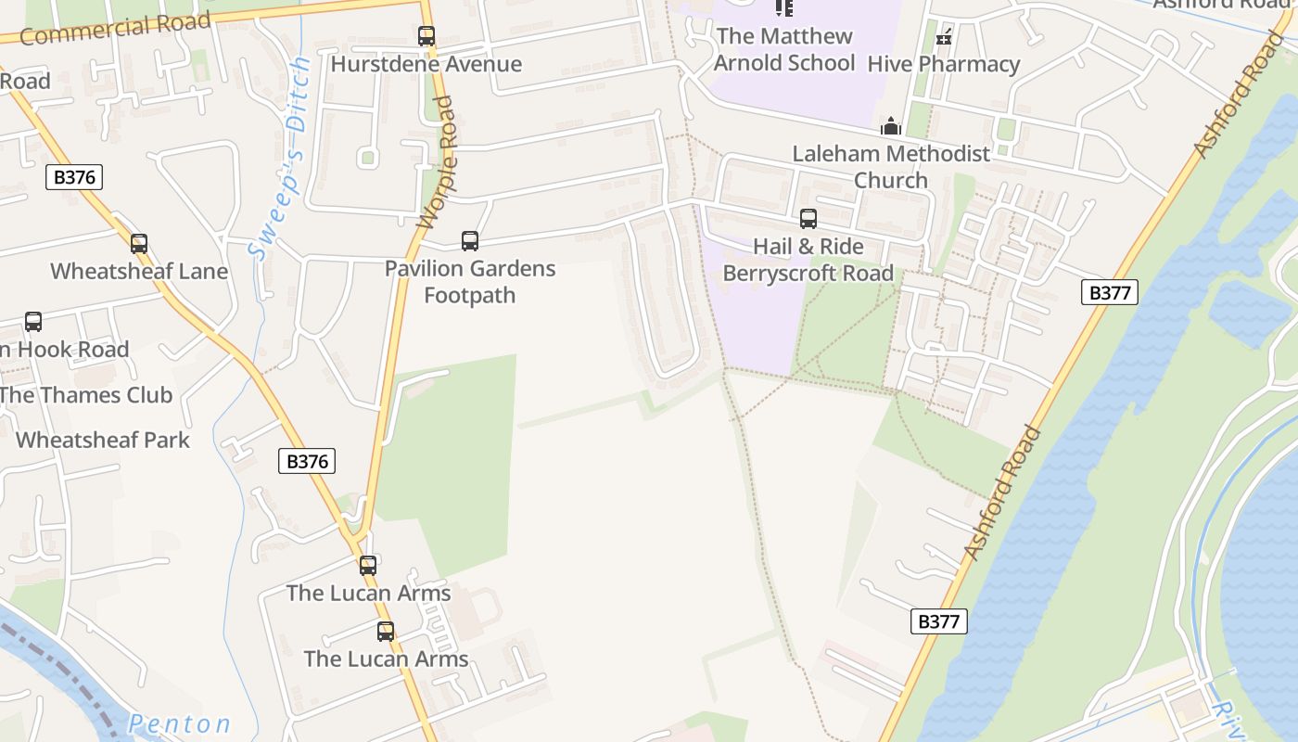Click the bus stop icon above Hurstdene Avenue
click(x=426, y=36)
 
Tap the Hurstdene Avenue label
click(x=426, y=64)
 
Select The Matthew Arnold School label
click(x=785, y=50)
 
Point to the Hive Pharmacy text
click(x=944, y=64)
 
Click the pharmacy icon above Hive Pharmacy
click(x=944, y=38)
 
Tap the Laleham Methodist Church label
click(x=891, y=166)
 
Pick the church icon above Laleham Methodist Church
click(x=891, y=126)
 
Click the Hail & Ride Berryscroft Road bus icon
click(x=808, y=219)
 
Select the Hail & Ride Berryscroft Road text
click(x=808, y=260)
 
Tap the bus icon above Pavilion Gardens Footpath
click(x=470, y=241)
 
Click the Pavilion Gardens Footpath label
click(x=470, y=282)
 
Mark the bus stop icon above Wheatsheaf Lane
click(x=139, y=244)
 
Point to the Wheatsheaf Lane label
click(x=139, y=272)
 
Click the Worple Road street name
click(x=437, y=162)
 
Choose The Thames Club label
click(x=86, y=395)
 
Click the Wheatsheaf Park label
click(x=103, y=440)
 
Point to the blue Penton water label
click(x=179, y=723)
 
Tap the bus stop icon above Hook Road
click(x=33, y=322)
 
